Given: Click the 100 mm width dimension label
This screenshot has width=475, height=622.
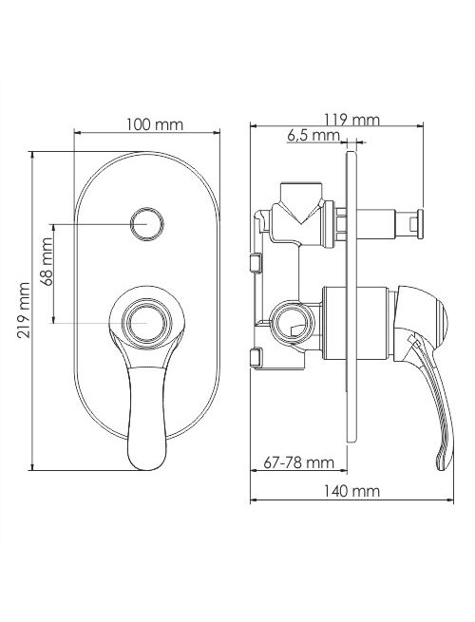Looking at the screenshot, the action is [x=155, y=124].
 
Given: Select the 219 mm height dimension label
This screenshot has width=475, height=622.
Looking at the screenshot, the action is [x=25, y=310].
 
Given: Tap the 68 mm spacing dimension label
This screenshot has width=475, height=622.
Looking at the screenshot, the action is [x=47, y=261].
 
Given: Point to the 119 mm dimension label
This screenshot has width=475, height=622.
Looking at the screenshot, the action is [x=352, y=120].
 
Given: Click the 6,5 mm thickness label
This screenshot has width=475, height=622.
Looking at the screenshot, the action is [x=313, y=136].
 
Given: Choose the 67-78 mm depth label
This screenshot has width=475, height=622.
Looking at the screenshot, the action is [x=299, y=462].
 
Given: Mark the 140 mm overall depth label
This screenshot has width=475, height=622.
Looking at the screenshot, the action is [x=351, y=491].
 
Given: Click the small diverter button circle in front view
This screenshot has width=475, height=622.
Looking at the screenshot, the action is [x=147, y=224].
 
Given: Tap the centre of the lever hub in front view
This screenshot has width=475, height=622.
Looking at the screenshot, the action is [x=147, y=323].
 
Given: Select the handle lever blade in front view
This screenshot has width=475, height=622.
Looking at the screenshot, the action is [x=147, y=417].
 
